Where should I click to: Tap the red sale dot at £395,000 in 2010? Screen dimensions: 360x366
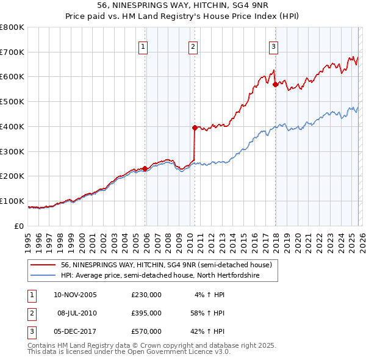click(195, 128)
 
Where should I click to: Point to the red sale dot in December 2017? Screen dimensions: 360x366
click(275, 84)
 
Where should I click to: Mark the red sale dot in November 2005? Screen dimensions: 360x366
click(145, 168)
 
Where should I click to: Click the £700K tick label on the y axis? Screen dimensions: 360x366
click(12, 52)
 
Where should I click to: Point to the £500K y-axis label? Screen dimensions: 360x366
click(12, 102)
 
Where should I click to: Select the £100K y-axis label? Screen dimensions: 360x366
click(12, 201)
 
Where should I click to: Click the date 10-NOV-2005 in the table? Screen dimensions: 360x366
click(75, 295)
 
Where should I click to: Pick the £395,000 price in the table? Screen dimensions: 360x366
click(146, 313)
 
